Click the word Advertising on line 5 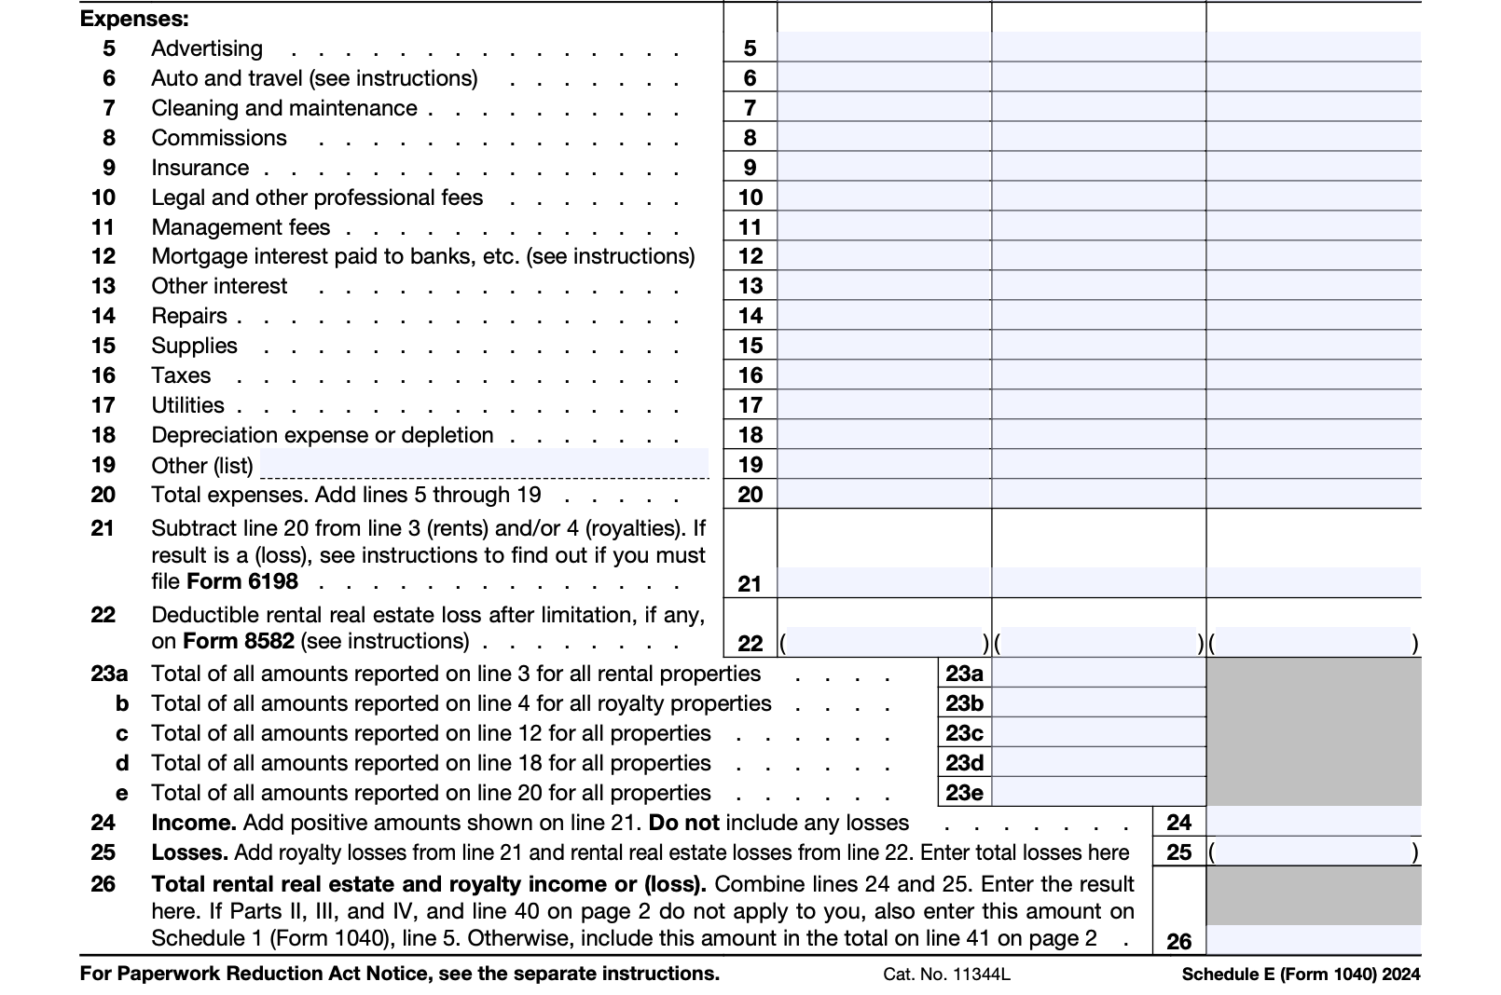point(207,48)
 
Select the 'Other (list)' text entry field point(484,463)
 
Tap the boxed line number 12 point(750,256)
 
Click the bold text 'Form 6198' point(242,581)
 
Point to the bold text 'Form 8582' point(239,641)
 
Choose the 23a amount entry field point(1098,674)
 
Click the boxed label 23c point(964,733)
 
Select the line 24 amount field point(1313,823)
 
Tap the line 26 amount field point(1313,940)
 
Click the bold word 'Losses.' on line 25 point(189,852)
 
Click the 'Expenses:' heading point(134,19)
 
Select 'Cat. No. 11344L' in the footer point(946,975)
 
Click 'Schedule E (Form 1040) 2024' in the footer point(1301,975)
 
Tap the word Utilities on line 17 point(187,405)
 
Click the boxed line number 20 point(750,495)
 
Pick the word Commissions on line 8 point(219,138)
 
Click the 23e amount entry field point(1098,793)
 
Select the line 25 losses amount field point(1313,852)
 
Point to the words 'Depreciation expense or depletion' point(323,435)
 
